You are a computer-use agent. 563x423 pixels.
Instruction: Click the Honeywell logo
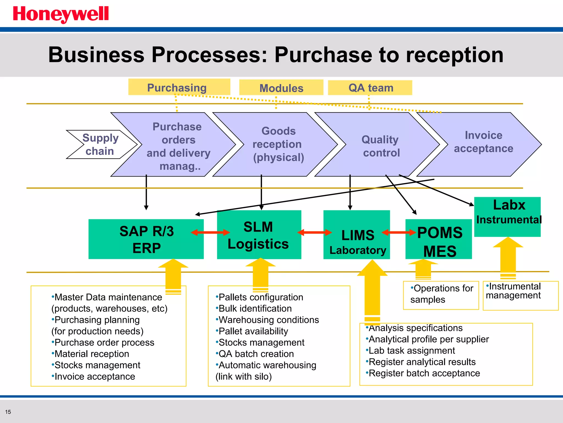tap(61, 14)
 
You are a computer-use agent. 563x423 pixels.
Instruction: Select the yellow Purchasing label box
tap(179, 87)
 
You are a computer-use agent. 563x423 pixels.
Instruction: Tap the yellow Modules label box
tap(281, 88)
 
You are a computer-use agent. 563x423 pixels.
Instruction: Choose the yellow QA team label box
tap(370, 88)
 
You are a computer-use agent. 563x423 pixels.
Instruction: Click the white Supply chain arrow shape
tap(100, 144)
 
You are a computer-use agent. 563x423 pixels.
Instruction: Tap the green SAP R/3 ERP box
tap(146, 239)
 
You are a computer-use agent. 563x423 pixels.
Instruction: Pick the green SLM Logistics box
tap(259, 235)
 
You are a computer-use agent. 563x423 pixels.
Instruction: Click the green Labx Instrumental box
tap(507, 216)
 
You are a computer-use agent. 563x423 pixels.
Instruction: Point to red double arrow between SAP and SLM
tap(210, 232)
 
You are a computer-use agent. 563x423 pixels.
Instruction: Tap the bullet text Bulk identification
tap(255, 308)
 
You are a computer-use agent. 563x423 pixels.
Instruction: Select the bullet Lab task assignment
tap(412, 351)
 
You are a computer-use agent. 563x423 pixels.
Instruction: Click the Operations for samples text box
tap(441, 294)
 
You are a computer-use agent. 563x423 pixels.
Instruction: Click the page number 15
tap(8, 412)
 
